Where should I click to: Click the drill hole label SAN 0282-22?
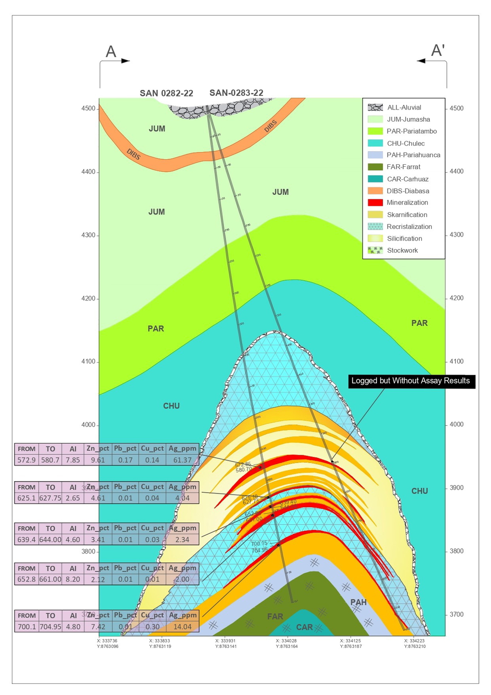166,93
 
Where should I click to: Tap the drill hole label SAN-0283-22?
236,93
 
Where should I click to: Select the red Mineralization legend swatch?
375,203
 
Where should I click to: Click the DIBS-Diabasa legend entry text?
408,191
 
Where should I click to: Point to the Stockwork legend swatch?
375,251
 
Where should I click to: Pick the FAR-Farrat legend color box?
375,167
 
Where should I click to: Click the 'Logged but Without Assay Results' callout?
411,381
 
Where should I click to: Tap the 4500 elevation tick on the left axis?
88,108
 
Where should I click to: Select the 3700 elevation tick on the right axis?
456,615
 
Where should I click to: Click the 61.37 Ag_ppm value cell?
182,460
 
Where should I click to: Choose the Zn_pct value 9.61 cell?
98,460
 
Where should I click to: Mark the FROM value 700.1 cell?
27,627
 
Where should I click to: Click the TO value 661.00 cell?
50,580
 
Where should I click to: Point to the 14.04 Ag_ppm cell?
182,627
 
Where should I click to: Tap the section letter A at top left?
111,52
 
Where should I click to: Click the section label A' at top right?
438,51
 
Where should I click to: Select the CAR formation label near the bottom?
304,627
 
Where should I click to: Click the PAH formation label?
358,602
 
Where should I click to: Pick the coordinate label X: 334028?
287,641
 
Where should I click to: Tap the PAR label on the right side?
419,323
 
